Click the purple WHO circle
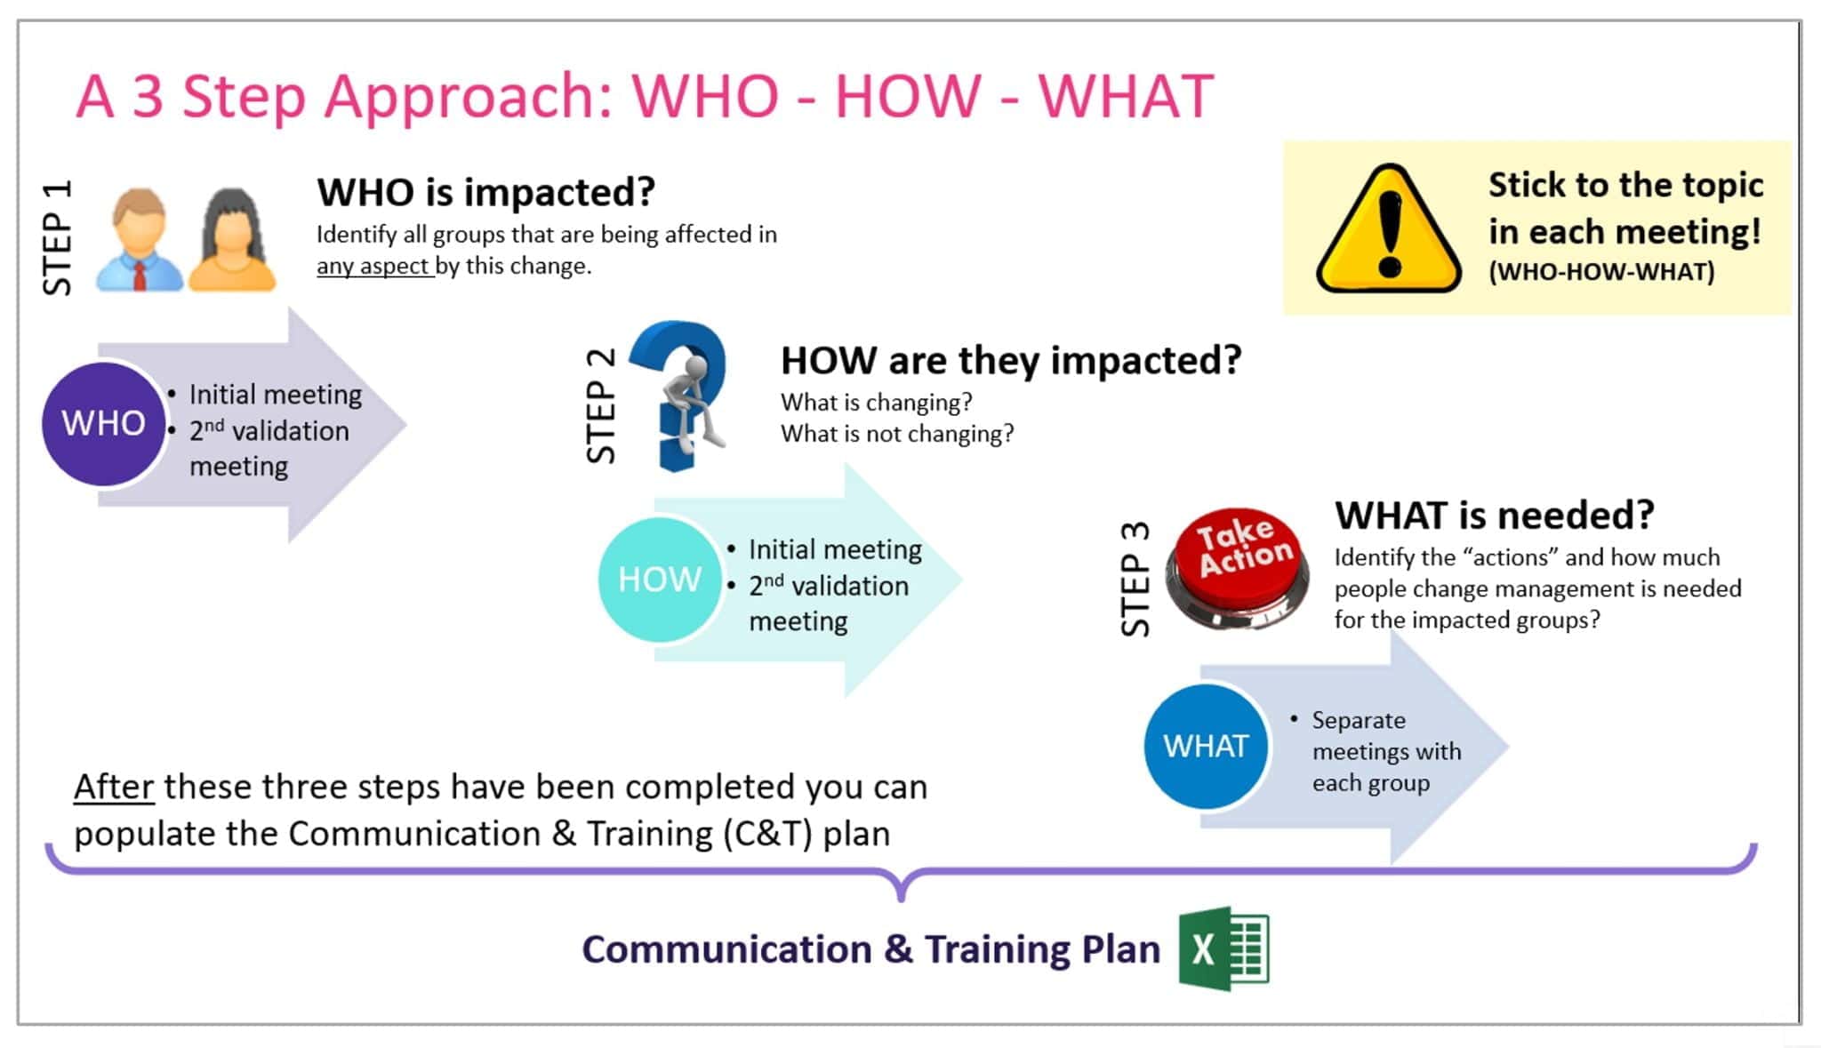click(x=103, y=424)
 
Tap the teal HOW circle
click(x=659, y=580)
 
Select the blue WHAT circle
click(x=1205, y=746)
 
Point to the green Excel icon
click(x=1223, y=948)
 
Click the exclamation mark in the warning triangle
click(x=1390, y=233)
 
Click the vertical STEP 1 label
click(x=57, y=237)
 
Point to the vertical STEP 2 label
click(x=601, y=405)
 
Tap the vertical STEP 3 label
click(x=1135, y=579)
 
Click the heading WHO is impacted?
click(x=485, y=192)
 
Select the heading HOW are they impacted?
click(x=1010, y=360)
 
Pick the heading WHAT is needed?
click(x=1494, y=516)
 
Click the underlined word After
click(x=114, y=787)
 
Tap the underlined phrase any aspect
click(x=373, y=266)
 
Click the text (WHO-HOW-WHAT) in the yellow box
click(x=1601, y=272)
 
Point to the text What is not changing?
click(x=896, y=434)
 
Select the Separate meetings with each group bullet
click(x=1385, y=751)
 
